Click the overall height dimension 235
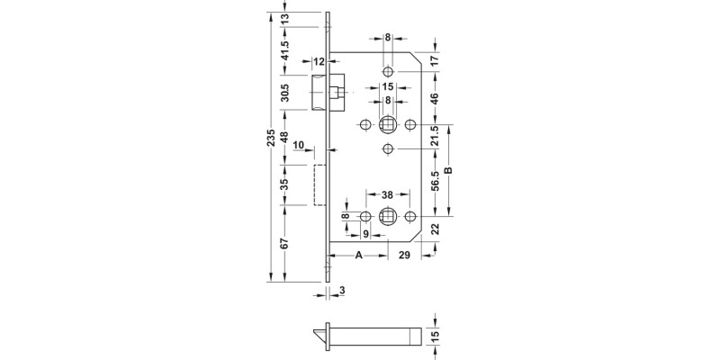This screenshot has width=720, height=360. [273, 138]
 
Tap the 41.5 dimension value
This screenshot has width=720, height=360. [285, 52]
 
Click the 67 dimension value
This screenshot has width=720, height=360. [285, 245]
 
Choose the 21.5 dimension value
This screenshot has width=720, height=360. [436, 136]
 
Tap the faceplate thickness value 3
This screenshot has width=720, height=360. [343, 290]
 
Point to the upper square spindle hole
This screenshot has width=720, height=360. [388, 123]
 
